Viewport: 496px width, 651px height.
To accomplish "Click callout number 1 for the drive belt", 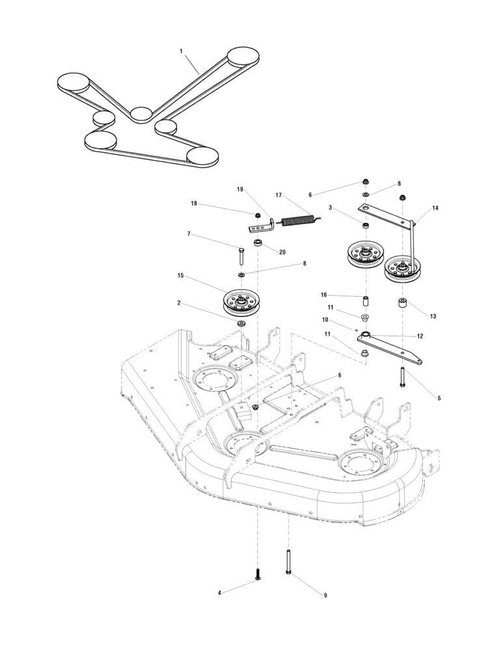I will click(181, 49).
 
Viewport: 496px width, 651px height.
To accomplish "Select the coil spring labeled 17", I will click(299, 219).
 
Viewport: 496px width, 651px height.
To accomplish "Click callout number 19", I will click(240, 189).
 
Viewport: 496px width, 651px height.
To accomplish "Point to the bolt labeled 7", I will click(242, 256).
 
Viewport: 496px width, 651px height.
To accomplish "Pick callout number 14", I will click(435, 208).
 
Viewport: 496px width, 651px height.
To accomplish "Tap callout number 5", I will click(439, 397).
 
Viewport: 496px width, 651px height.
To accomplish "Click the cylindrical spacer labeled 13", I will click(403, 304).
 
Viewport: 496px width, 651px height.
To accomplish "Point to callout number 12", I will click(420, 336).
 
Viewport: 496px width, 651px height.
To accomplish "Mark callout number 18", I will click(193, 204).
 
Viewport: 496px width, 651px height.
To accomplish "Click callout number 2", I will click(178, 302).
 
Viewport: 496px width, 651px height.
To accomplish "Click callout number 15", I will click(180, 275).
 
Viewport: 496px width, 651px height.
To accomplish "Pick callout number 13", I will click(433, 316).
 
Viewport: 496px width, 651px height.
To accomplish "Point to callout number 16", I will click(324, 294).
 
